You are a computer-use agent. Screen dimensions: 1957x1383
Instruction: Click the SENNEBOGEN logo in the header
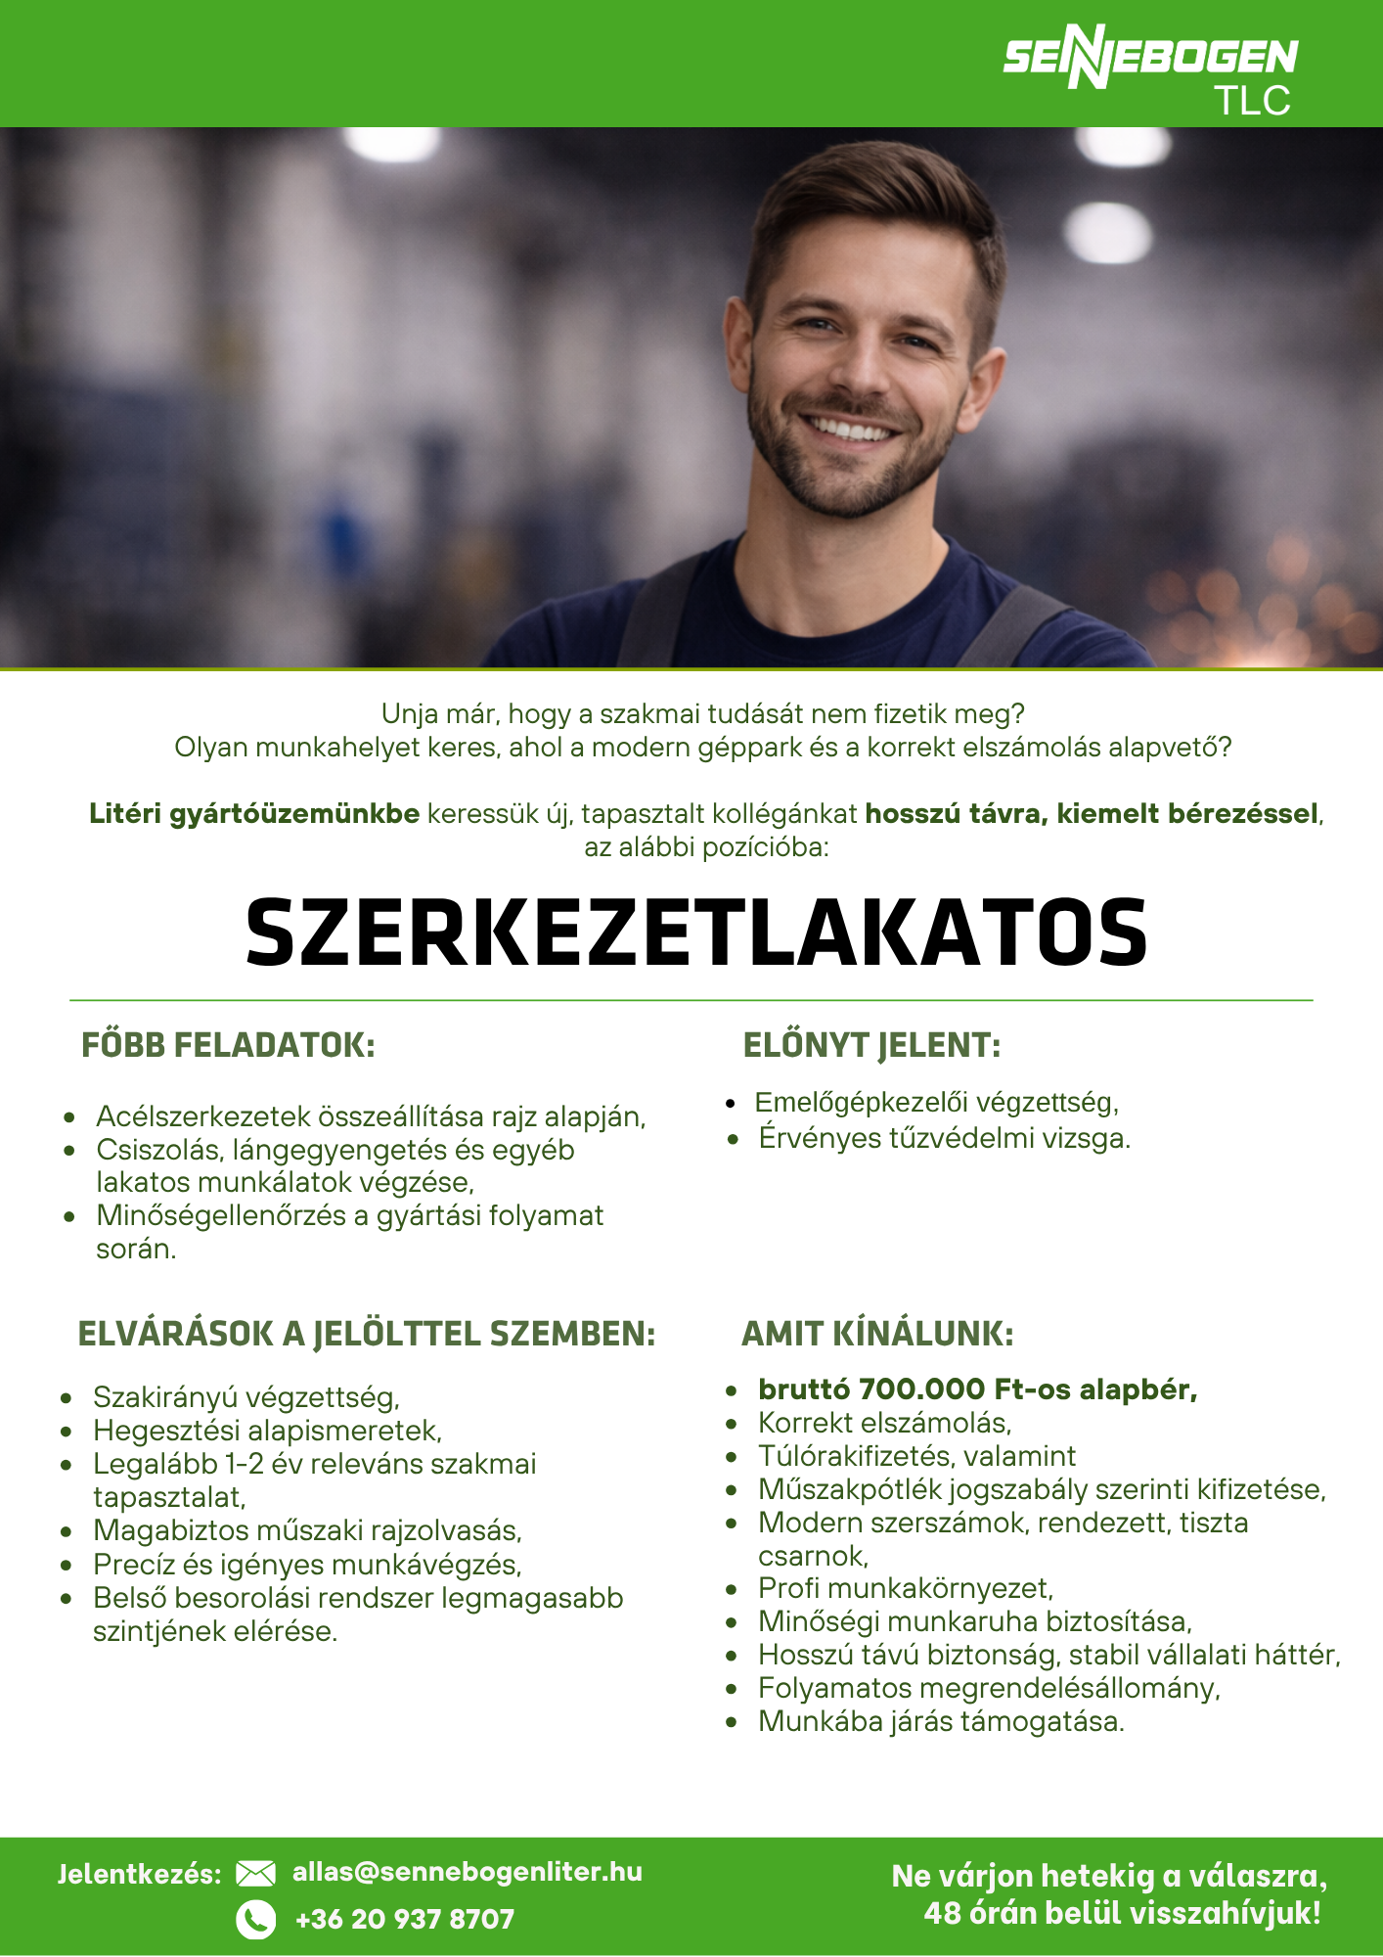1149,57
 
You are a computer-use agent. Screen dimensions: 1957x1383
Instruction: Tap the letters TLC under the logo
1253,102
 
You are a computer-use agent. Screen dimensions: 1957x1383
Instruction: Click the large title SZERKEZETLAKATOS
695,933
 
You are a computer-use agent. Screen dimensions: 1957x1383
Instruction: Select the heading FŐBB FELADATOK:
228,1045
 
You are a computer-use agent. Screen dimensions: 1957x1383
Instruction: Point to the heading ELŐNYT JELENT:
871,1045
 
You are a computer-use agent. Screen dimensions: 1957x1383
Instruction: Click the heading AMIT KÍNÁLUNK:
877,1334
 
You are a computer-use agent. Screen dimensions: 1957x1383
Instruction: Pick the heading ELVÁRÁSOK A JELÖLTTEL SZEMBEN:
367,1334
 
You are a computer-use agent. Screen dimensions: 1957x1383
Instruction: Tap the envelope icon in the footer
256,1874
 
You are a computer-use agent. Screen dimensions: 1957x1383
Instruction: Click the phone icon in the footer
256,1920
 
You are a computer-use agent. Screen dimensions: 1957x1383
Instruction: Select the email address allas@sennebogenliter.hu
468,1872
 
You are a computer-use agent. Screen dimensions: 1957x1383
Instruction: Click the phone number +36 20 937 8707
405,1920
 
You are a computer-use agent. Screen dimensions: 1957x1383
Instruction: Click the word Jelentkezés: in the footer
140,1875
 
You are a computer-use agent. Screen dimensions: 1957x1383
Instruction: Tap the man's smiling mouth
847,429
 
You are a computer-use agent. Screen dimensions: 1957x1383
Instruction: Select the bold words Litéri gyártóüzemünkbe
254,814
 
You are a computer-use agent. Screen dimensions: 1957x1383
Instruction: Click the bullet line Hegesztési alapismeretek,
267,1431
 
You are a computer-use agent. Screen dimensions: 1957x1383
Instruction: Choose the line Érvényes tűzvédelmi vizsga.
944,1139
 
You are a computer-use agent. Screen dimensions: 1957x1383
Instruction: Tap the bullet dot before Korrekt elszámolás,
732,1424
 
